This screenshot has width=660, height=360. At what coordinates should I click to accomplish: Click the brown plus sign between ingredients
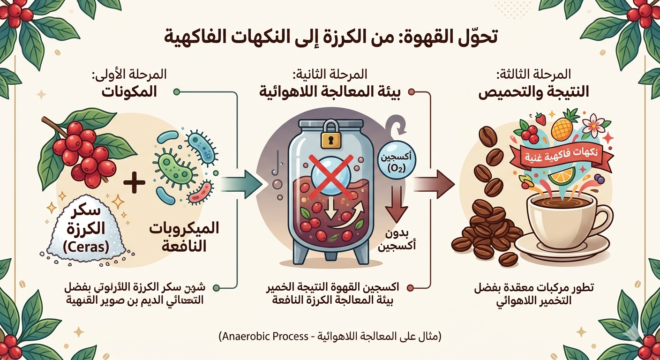pyautogui.click(x=135, y=183)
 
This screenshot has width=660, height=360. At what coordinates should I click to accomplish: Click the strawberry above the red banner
pyautogui.click(x=541, y=119)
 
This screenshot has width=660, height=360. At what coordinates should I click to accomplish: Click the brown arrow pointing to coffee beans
pyautogui.click(x=434, y=183)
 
